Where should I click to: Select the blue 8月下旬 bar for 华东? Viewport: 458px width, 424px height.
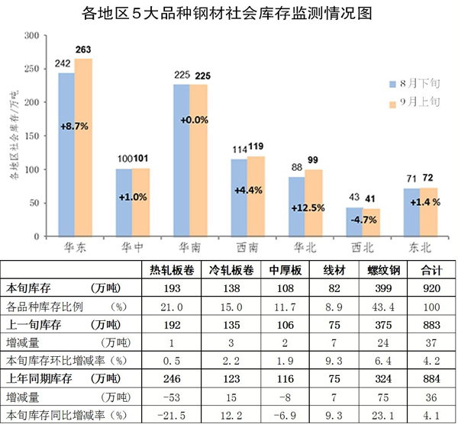click(x=66, y=153)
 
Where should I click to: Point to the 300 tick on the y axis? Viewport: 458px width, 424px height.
click(x=32, y=36)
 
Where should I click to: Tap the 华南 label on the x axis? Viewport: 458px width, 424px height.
click(x=190, y=248)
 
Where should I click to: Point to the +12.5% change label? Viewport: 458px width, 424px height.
click(x=305, y=207)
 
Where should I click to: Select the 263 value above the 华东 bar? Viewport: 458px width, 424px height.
click(x=83, y=50)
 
